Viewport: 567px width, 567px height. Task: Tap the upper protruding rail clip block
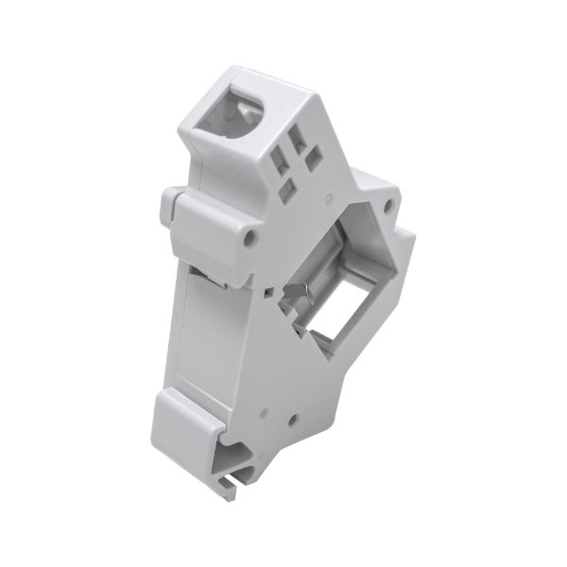coord(204,225)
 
